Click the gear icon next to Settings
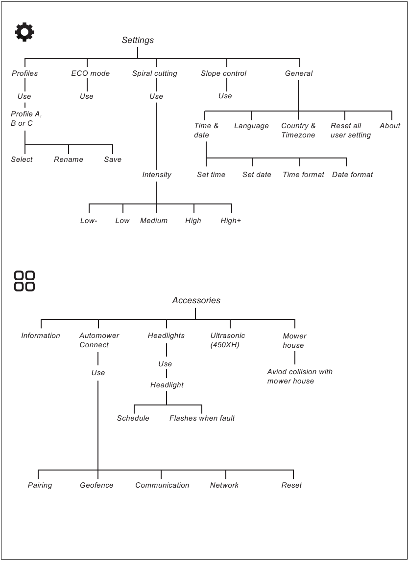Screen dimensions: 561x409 24,32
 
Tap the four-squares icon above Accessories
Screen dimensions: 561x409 24,281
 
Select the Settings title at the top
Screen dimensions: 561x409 138,41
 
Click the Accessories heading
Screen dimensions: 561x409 196,300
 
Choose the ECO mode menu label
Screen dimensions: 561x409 90,73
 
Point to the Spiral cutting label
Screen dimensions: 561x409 154,73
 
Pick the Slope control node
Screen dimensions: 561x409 223,73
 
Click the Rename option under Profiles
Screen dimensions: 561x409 69,159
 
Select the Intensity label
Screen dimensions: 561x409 157,175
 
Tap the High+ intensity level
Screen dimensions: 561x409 231,221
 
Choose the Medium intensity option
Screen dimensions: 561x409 154,221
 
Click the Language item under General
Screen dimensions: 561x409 251,126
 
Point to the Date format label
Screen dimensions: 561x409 352,175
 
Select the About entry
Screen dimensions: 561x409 390,126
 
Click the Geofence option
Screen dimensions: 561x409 96,485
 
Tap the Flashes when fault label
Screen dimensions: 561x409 202,418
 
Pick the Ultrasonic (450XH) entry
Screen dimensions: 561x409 228,340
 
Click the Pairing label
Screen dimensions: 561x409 40,485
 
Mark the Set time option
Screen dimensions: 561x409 211,175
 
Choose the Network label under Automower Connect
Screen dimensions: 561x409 224,485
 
